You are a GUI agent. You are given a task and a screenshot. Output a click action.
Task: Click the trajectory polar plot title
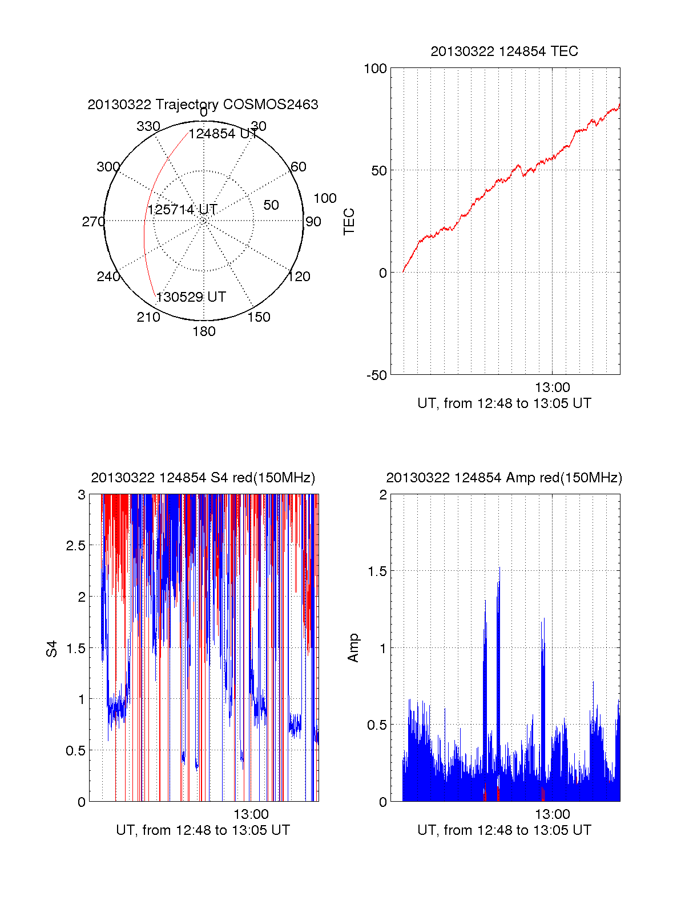(x=203, y=105)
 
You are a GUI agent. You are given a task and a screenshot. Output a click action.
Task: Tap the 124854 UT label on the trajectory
(x=223, y=134)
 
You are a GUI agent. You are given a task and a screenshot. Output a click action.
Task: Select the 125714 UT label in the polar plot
(x=183, y=210)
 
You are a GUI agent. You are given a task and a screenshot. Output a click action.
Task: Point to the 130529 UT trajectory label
(x=191, y=297)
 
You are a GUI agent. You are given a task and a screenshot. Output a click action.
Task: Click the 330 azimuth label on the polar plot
(x=148, y=126)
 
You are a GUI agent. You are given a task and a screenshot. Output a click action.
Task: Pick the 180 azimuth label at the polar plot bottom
(x=204, y=331)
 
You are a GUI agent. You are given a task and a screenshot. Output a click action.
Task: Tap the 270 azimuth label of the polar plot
(x=93, y=222)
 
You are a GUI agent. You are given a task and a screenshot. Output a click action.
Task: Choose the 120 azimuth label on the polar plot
(x=299, y=277)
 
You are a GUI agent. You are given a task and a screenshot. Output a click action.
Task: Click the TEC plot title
(x=504, y=51)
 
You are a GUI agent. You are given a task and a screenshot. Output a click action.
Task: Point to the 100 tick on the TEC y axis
(x=375, y=69)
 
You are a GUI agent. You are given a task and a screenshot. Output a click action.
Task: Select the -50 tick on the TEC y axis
(x=377, y=375)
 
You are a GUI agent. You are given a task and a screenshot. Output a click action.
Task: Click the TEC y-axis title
(x=349, y=222)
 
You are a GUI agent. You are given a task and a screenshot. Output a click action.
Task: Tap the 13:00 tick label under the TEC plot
(x=552, y=387)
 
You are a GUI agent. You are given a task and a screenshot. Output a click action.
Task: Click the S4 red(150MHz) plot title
(x=203, y=478)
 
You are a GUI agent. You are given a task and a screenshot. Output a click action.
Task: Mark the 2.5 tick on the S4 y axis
(x=76, y=546)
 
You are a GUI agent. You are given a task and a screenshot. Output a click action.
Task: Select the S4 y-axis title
(x=52, y=649)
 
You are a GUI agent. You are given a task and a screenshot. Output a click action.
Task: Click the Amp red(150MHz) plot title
(x=504, y=478)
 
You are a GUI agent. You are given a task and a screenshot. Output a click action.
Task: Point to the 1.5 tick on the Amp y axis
(x=377, y=571)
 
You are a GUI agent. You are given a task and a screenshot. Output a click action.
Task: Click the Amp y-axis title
(x=353, y=648)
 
